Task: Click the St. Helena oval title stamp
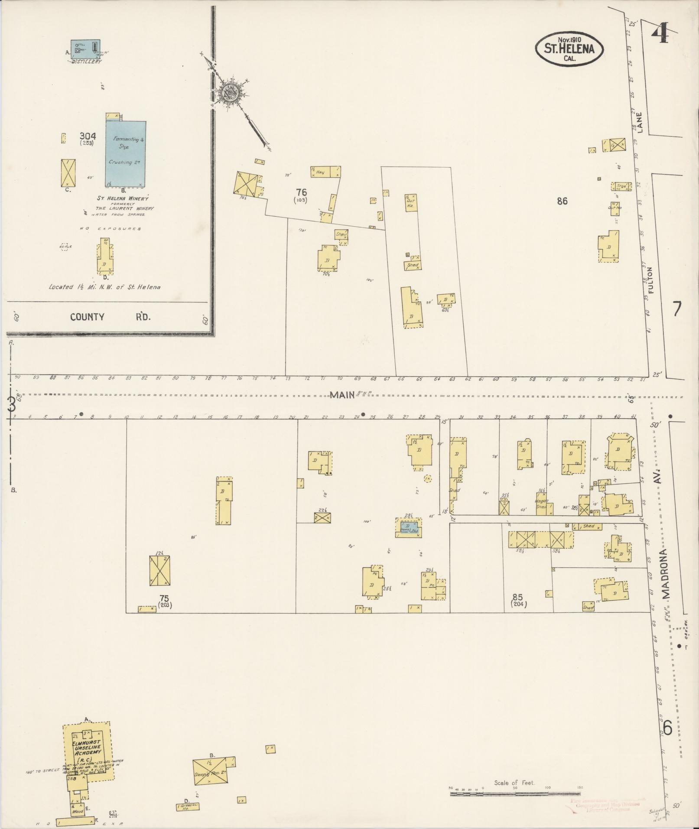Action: coord(569,49)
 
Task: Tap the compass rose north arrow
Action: coord(230,92)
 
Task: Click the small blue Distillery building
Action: coord(86,49)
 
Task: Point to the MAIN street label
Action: coord(342,395)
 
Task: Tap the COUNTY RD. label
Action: coord(111,317)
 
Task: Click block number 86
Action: coord(562,201)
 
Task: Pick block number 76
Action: coord(301,192)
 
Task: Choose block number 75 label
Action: coord(164,598)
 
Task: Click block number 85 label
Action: coord(517,598)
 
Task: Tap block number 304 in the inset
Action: coord(88,136)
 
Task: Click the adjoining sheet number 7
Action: coord(676,309)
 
